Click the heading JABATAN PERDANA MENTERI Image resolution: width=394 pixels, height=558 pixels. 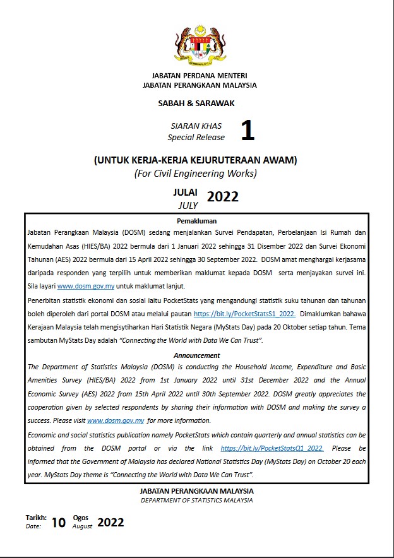[x=200, y=76]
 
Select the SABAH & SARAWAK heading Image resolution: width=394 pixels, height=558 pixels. [x=196, y=103]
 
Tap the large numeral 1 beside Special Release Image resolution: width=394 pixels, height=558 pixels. [x=248, y=131]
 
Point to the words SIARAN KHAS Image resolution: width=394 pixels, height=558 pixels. [x=200, y=126]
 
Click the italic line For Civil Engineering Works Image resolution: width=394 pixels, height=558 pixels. [x=196, y=174]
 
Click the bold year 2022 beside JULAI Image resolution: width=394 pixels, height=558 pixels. [x=223, y=196]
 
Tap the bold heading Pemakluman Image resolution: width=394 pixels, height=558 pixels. [x=197, y=221]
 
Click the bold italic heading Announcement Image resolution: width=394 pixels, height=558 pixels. [x=197, y=355]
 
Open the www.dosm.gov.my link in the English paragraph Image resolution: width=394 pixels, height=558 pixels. [x=116, y=420]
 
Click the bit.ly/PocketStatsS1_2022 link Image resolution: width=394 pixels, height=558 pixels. [x=244, y=313]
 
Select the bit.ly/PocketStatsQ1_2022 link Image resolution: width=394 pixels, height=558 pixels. [x=272, y=448]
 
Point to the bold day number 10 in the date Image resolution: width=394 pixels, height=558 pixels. [x=59, y=522]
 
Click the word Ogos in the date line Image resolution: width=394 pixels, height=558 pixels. [x=81, y=517]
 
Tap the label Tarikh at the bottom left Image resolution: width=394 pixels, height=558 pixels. [x=36, y=517]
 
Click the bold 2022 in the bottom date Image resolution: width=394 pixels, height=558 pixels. [x=110, y=522]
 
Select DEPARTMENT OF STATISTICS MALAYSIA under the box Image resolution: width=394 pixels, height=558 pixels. [x=196, y=501]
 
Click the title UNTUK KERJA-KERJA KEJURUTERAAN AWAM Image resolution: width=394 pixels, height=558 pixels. [x=196, y=160]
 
